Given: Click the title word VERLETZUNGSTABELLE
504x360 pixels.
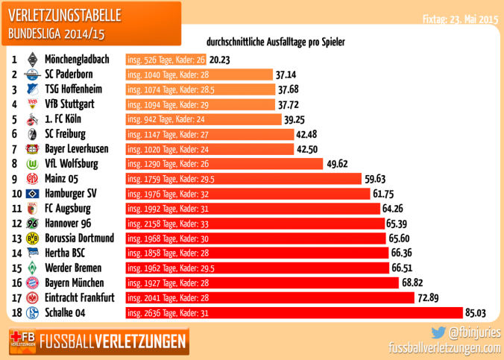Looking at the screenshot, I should pyautogui.click(x=65, y=15).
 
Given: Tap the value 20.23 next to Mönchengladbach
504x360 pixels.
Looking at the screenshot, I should pyautogui.click(x=220, y=60).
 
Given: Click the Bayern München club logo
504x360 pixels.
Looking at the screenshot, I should pyautogui.click(x=31, y=283).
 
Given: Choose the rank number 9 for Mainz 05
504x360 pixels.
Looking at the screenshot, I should pyautogui.click(x=14, y=179).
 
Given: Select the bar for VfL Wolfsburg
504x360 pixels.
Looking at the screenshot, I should pyautogui.click(x=223, y=164).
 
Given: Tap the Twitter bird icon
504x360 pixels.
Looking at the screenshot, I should pyautogui.click(x=438, y=332).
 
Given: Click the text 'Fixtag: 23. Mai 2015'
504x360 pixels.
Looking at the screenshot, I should pyautogui.click(x=460, y=19).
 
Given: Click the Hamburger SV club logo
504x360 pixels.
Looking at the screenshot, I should pyautogui.click(x=31, y=194).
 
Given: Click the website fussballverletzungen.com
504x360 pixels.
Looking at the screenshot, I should pyautogui.click(x=445, y=347).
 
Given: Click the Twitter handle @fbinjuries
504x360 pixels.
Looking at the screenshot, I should pyautogui.click(x=474, y=332).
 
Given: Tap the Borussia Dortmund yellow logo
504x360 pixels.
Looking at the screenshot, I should pyautogui.click(x=31, y=239).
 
